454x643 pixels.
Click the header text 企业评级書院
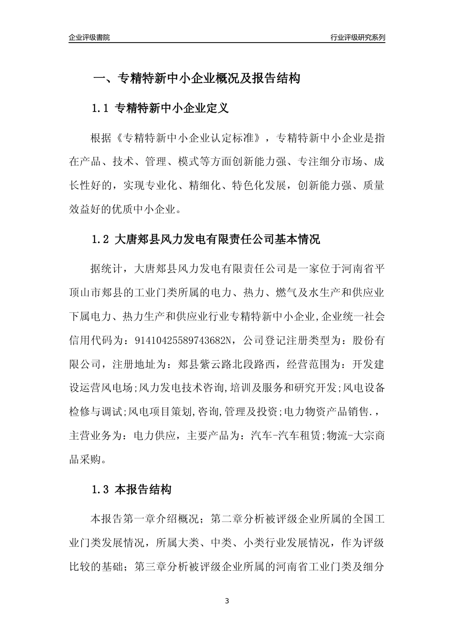89,37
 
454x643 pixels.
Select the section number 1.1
101,109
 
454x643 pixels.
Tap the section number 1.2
101,239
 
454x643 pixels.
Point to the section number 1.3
101,489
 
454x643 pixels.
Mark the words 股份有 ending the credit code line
368,340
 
